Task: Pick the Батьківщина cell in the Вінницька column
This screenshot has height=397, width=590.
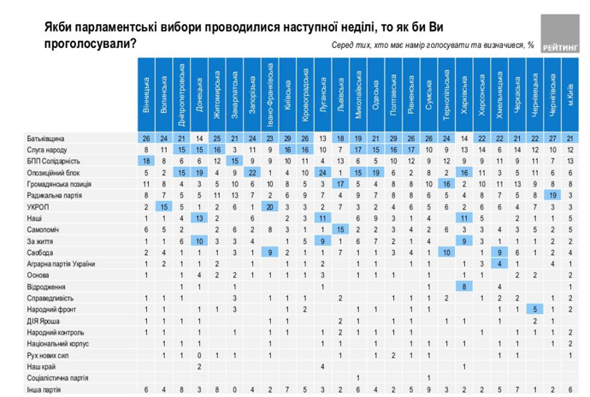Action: pyautogui.click(x=146, y=138)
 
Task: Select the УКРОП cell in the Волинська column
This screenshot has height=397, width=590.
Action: pyautogui.click(x=164, y=206)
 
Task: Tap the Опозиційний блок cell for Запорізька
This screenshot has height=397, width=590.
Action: pyautogui.click(x=252, y=172)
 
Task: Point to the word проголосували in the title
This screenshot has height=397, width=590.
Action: pyautogui.click(x=84, y=42)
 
